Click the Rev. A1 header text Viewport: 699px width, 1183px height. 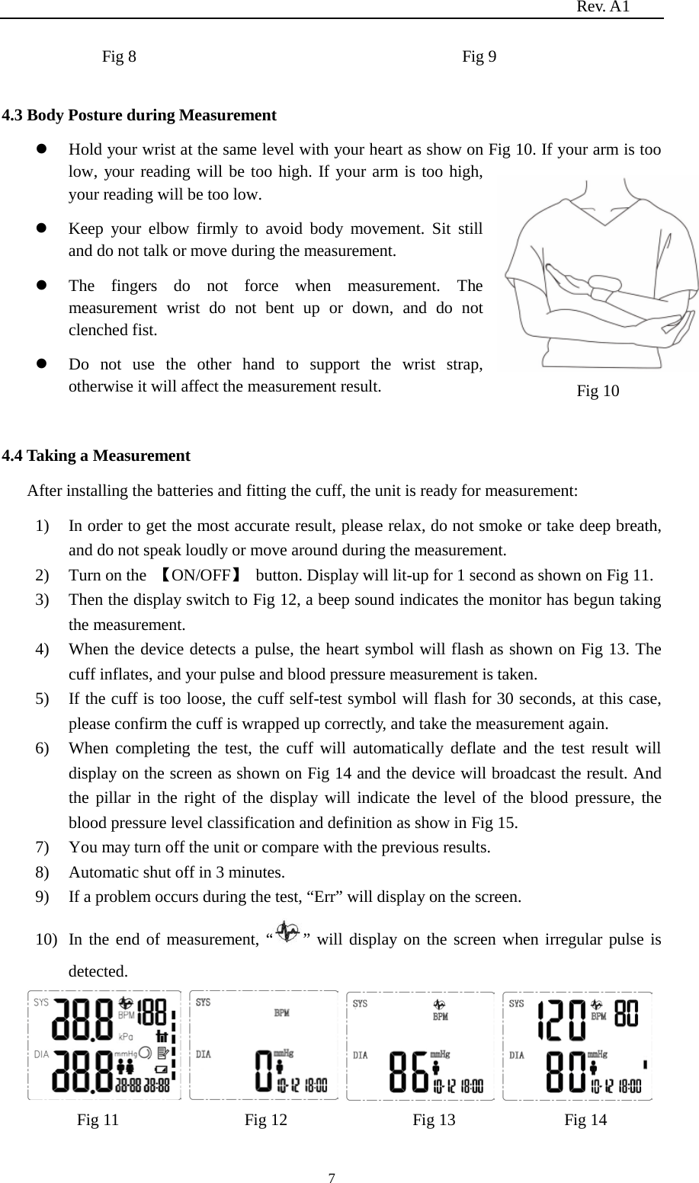pos(603,8)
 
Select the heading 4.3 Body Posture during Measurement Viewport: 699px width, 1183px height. pos(139,116)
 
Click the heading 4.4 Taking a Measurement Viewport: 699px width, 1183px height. pos(97,456)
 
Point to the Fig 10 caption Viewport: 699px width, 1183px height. pos(598,392)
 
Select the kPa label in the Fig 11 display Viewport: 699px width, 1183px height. pos(126,1037)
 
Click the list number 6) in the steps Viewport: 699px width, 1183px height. pos(44,749)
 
